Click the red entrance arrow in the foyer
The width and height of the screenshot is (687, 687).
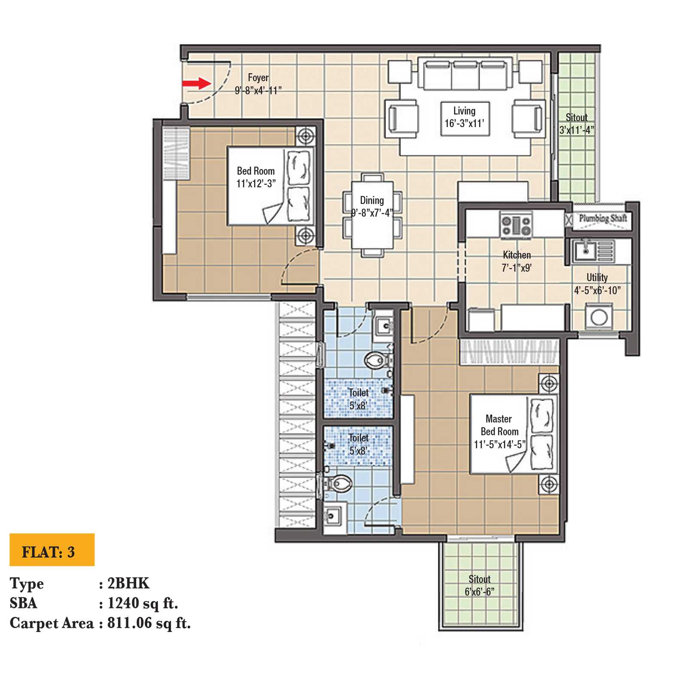coord(196,83)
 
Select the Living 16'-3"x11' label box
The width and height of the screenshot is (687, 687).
coord(465,117)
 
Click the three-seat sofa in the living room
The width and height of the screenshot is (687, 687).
coord(465,75)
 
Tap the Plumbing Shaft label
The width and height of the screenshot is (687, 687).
coord(602,218)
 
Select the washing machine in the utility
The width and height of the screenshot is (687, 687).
coord(599,317)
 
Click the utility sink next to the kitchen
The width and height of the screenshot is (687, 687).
coord(585,250)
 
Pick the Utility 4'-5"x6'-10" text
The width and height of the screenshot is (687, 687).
coord(597,284)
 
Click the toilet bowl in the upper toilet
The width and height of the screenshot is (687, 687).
coord(376,359)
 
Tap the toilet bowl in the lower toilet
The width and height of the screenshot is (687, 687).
coord(340,483)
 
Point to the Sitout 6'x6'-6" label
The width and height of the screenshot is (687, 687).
coord(479,585)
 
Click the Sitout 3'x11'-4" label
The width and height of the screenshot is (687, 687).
coord(576,124)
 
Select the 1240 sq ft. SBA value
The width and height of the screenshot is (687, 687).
coord(142,603)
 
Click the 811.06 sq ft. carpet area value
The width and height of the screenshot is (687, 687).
coord(149,623)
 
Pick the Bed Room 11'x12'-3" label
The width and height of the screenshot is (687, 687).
coord(256,177)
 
